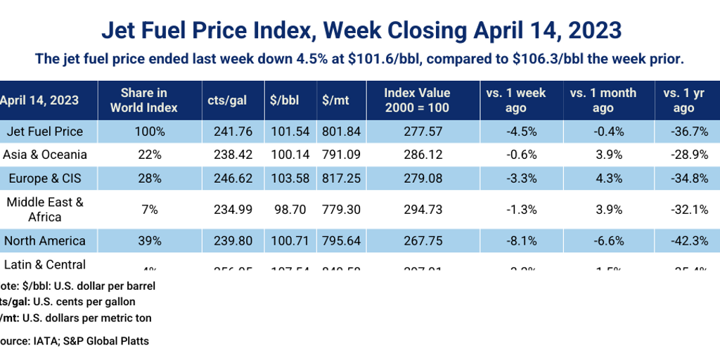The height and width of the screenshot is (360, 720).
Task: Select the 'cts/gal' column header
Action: [227, 101]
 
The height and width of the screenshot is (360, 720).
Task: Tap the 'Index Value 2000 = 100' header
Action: [417, 101]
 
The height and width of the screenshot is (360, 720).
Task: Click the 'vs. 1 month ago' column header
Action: [603, 101]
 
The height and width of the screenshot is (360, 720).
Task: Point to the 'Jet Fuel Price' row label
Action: [44, 131]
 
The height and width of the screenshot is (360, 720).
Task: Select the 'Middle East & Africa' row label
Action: [44, 210]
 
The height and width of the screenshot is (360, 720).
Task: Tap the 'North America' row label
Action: [44, 240]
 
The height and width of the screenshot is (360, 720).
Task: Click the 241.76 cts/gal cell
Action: [228, 131]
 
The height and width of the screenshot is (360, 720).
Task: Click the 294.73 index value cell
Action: [423, 210]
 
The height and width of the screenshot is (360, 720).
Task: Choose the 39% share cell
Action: [149, 240]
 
